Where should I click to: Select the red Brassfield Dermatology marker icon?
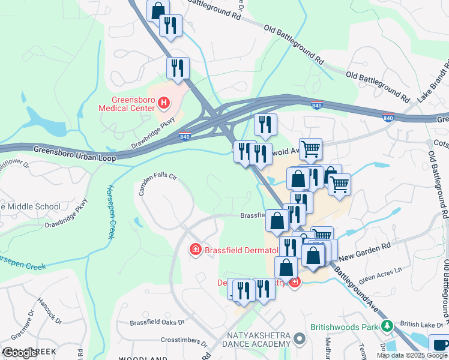click(195, 249)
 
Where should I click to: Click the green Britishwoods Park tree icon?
click(388, 327)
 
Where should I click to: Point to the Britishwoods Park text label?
click(345, 328)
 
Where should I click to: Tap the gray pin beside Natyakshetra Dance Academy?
click(300, 340)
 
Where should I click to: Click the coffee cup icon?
click(440, 344)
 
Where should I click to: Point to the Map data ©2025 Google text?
click(412, 355)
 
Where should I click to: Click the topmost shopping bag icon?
click(158, 10)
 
